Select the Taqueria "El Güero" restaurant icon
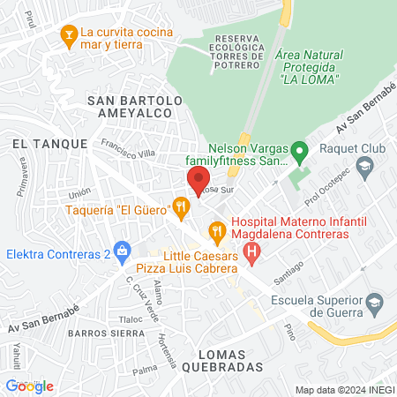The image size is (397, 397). (x=181, y=208)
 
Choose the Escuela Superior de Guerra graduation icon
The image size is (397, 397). (x=374, y=303)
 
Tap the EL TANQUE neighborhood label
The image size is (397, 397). (x=49, y=142)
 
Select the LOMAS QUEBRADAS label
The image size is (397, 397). (x=226, y=358)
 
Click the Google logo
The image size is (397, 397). (x=29, y=386)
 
